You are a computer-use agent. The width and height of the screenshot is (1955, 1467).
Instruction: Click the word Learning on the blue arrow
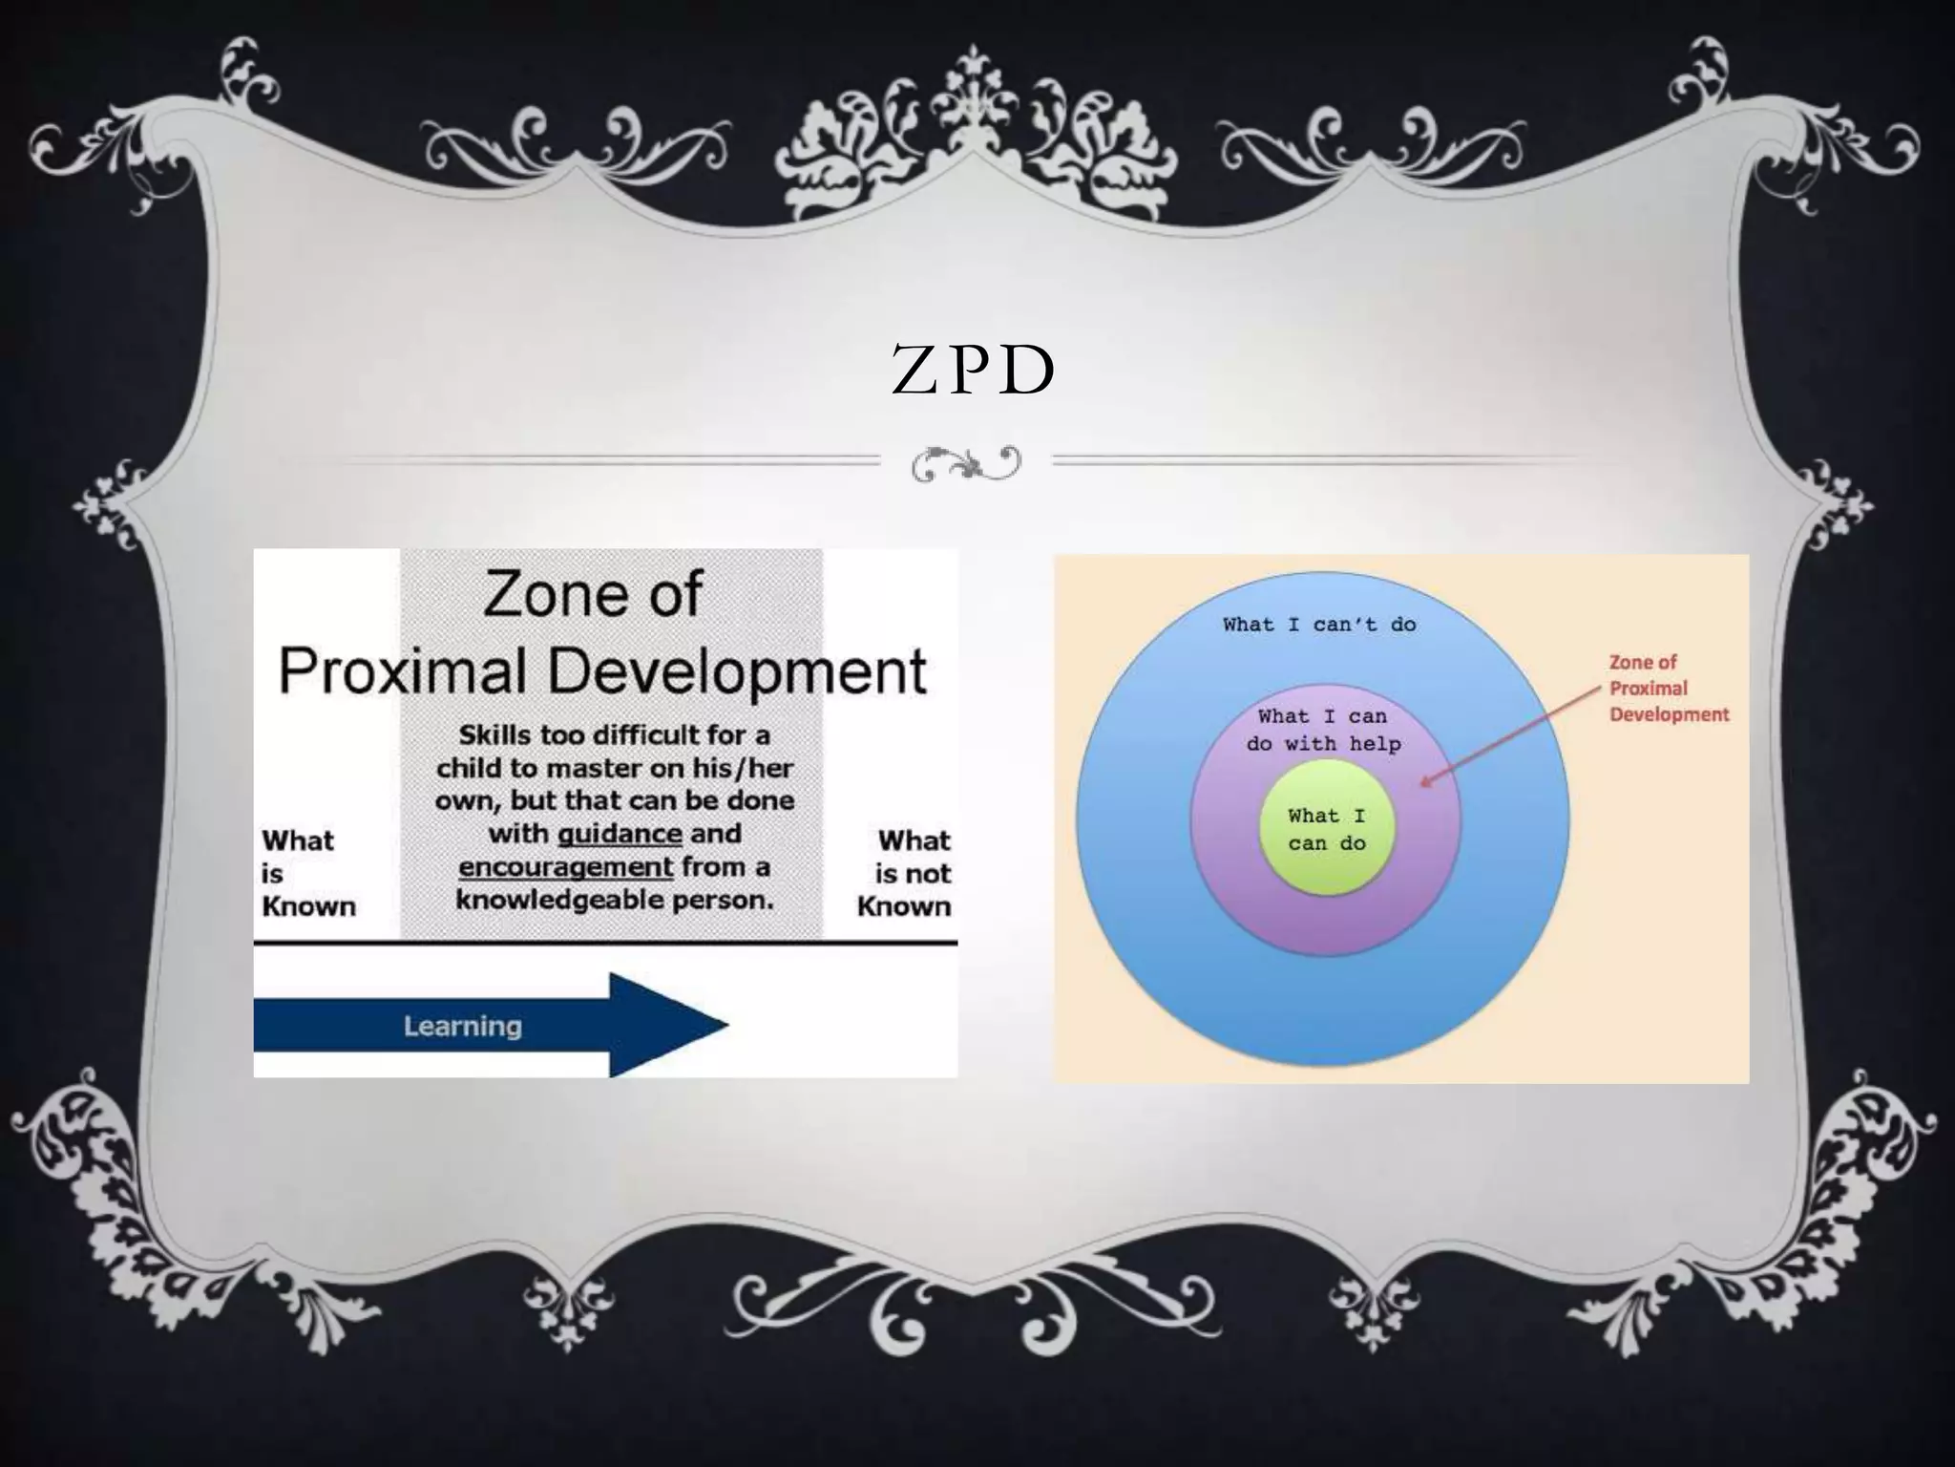click(462, 1027)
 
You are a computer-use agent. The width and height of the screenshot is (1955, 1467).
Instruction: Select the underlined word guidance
click(620, 834)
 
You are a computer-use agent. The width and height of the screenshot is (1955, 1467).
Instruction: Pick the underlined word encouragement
click(566, 867)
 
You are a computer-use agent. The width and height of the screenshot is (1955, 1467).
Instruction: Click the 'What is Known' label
click(307, 873)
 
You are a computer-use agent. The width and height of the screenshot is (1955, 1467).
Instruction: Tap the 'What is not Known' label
click(906, 873)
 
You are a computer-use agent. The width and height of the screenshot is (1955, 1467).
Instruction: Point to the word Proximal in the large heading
click(402, 670)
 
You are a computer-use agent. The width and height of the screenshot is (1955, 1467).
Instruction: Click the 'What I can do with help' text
click(1323, 730)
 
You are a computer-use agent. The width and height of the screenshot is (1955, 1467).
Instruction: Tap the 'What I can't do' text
click(1319, 625)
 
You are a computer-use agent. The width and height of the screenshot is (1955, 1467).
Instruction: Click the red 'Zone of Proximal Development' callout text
click(1668, 688)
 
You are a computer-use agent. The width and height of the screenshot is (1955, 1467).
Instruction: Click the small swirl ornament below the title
click(965, 464)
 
